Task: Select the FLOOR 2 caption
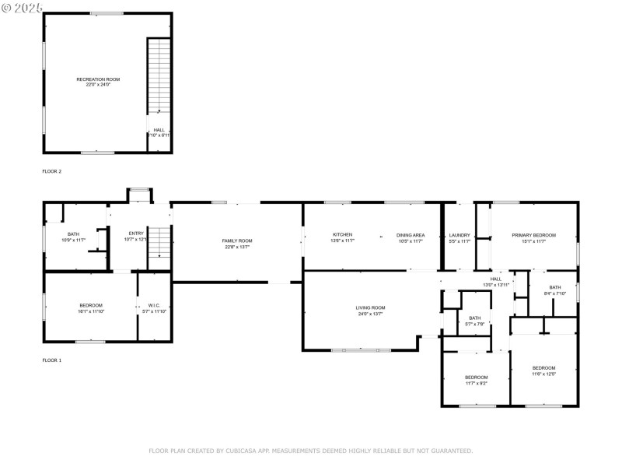coord(51,171)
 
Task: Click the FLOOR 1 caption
coord(51,360)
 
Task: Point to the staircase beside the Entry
coord(159,244)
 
